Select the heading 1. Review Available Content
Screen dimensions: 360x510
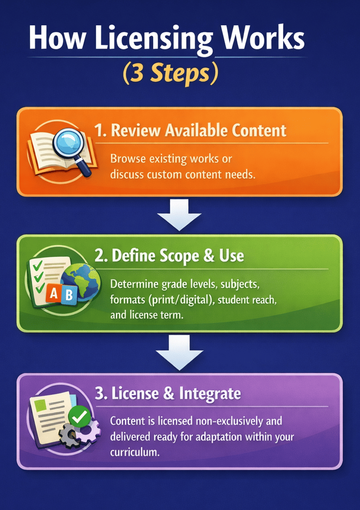click(x=190, y=130)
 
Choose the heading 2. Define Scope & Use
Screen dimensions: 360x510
click(x=169, y=255)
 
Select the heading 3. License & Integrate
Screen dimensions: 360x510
click(x=167, y=393)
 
